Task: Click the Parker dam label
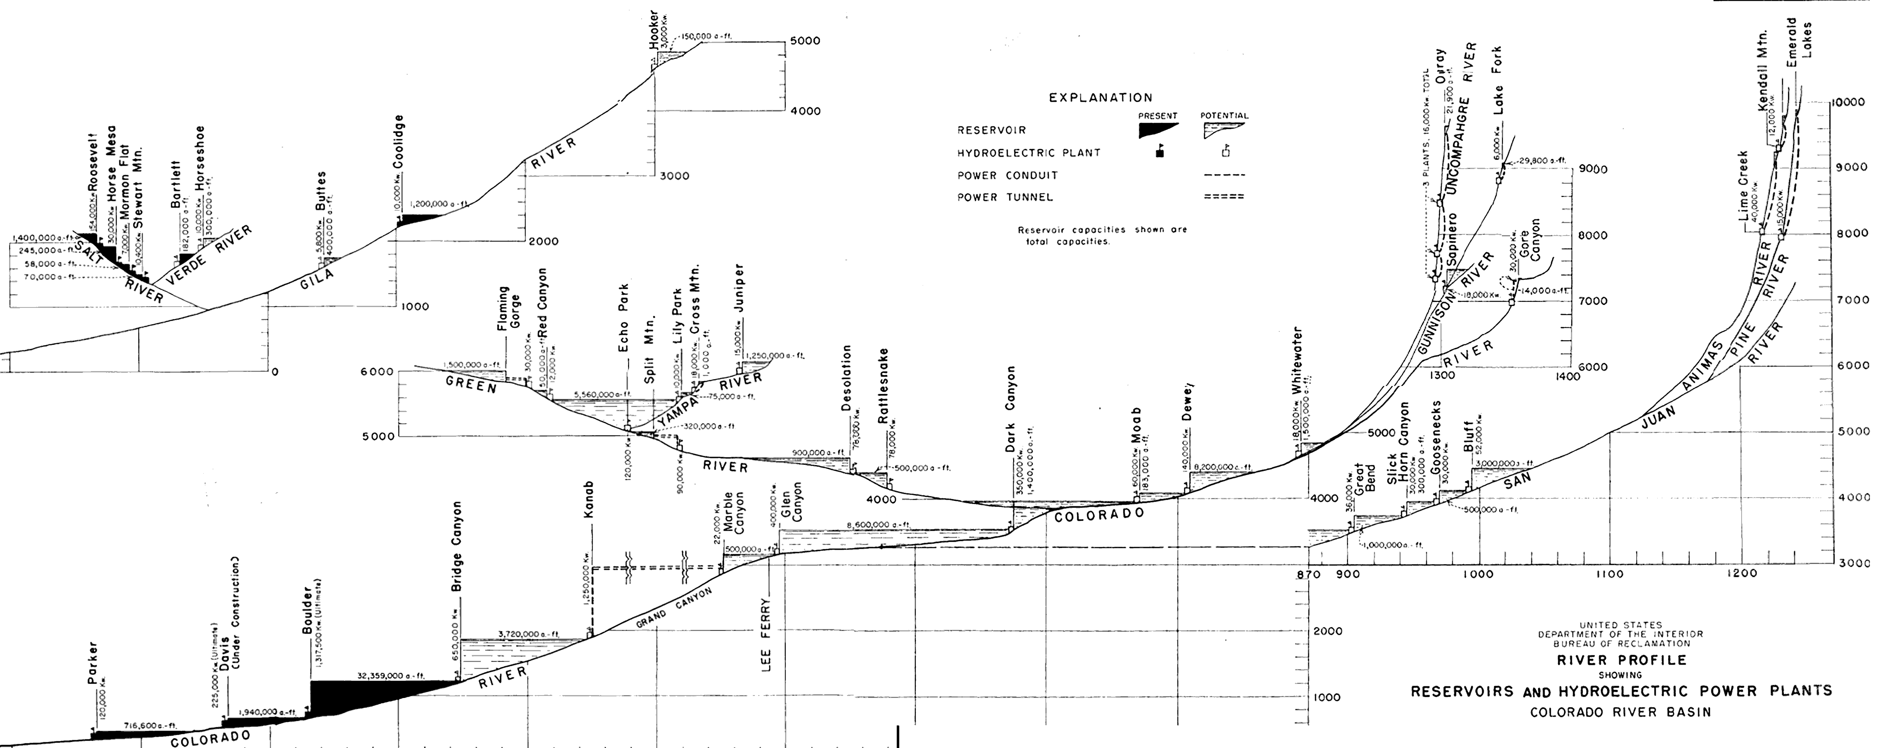click(x=93, y=664)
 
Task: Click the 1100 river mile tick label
click(x=1609, y=573)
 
